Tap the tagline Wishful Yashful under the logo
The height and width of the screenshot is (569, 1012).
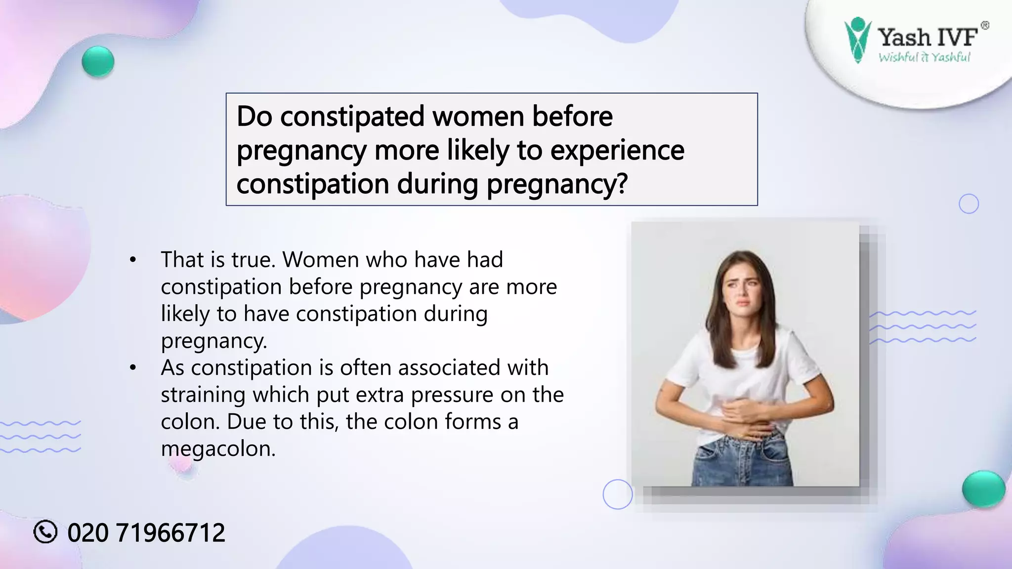(924, 57)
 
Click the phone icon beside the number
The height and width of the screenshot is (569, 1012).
(45, 532)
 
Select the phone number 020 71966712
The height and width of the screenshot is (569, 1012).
(146, 533)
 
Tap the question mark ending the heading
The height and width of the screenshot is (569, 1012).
(621, 184)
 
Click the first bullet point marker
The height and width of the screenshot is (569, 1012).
(132, 260)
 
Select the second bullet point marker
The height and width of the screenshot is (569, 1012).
(132, 368)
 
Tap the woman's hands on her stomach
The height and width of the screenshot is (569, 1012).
(741, 415)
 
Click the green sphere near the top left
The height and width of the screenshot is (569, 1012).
(98, 61)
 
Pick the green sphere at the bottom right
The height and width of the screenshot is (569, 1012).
(983, 488)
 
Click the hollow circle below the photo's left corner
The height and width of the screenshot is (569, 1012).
(618, 494)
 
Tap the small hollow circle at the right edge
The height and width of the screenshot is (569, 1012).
(969, 204)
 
